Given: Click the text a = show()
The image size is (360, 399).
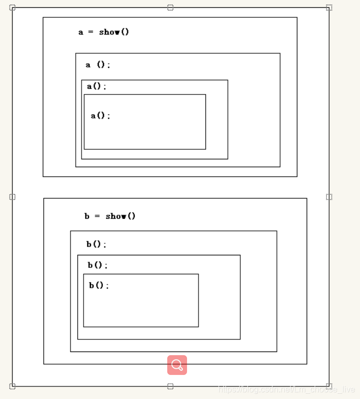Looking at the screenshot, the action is tap(103, 32).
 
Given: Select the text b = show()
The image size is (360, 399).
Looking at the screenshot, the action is tap(110, 216).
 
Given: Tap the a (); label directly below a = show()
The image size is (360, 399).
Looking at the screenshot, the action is tap(98, 65).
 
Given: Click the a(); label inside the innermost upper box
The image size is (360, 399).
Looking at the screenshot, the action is tap(100, 115).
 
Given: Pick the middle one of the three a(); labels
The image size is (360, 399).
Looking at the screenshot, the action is tap(97, 86).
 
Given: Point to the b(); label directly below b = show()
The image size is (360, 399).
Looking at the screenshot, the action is tap(96, 244).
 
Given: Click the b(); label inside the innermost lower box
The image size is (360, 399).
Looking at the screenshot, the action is tap(99, 285).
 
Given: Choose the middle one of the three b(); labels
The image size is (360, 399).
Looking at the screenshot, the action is tap(98, 265).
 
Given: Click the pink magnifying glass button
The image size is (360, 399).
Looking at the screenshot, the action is tap(177, 365).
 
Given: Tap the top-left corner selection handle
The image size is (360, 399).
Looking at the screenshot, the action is tap(13, 8).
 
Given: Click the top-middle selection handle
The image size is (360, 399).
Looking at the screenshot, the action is tap(170, 7).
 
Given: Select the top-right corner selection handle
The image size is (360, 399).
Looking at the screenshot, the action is tap(329, 7).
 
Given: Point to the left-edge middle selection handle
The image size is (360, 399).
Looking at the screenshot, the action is tap(13, 197).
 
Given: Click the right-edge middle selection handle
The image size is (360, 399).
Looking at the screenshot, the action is tap(329, 197).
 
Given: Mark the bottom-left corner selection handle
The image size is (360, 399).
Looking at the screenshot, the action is tap(13, 386).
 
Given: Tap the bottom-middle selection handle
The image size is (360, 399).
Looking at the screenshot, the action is tap(170, 386).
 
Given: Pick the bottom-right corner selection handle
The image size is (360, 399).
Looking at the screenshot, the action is tap(329, 386).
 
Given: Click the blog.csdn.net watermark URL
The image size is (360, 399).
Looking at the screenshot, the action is tap(287, 390).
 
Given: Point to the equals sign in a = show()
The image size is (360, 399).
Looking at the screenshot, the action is tap(90, 32).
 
